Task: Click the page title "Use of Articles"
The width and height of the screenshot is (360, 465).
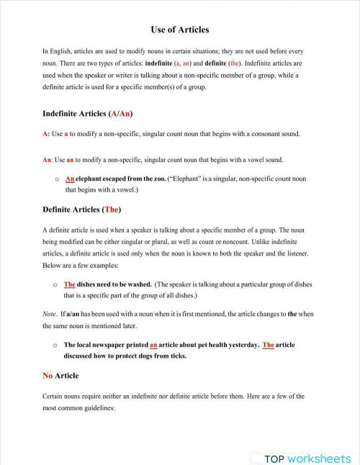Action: click(x=180, y=30)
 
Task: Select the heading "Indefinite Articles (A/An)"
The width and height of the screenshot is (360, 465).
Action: click(x=88, y=114)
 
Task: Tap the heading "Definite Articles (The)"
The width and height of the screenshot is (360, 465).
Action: click(x=81, y=209)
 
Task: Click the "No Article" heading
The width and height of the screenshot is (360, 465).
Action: click(x=60, y=376)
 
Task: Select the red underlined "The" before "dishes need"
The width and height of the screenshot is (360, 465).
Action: click(x=70, y=284)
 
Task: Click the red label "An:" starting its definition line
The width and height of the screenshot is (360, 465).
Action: click(x=48, y=159)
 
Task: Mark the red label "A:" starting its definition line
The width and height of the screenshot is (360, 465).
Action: click(x=46, y=135)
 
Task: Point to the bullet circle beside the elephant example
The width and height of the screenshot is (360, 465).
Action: click(x=55, y=179)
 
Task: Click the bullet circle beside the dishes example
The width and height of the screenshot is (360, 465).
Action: click(x=55, y=285)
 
